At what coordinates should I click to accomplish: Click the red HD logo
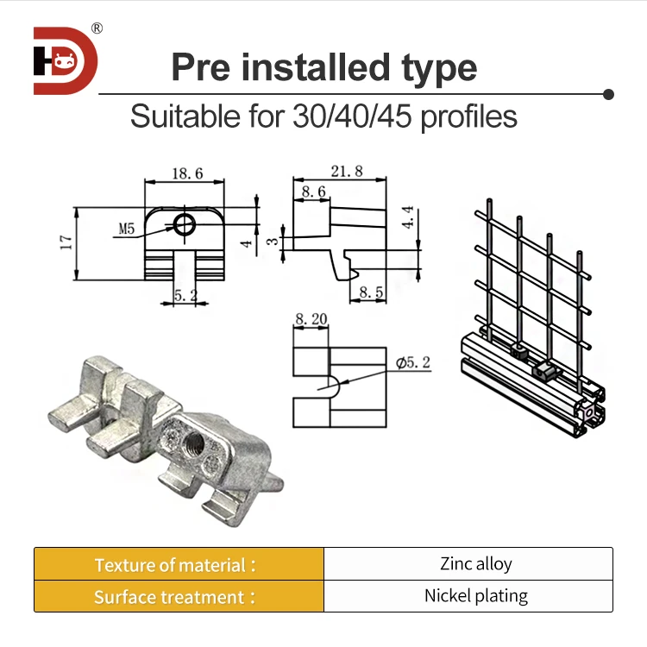(x=66, y=60)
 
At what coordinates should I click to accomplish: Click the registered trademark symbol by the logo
(x=97, y=28)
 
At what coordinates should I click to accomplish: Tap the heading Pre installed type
(x=323, y=67)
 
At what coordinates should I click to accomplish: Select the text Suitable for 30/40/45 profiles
(x=323, y=116)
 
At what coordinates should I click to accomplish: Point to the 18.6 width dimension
(x=186, y=173)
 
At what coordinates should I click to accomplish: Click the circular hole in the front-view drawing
(x=185, y=226)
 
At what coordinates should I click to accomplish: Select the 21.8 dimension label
(x=346, y=171)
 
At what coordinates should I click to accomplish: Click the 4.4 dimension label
(x=408, y=217)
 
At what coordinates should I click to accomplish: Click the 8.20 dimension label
(x=311, y=319)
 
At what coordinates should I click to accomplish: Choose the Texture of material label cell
(x=179, y=564)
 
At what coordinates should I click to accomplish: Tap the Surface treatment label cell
(x=179, y=596)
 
